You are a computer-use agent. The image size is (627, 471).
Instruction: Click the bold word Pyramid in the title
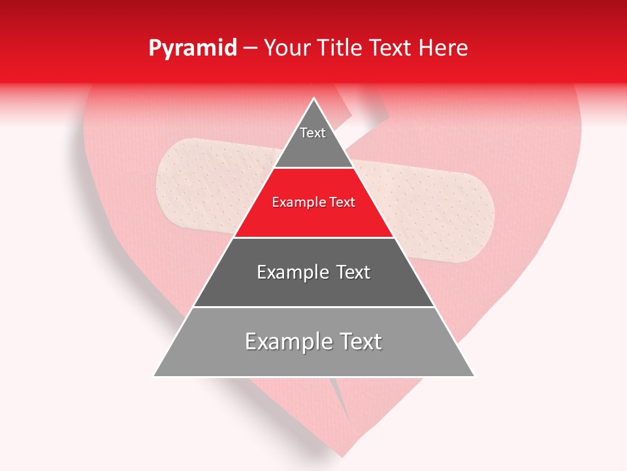pyautogui.click(x=193, y=48)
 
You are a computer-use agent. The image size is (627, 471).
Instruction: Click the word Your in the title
pyautogui.click(x=286, y=48)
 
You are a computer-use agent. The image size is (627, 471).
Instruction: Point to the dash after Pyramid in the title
pyautogui.click(x=250, y=48)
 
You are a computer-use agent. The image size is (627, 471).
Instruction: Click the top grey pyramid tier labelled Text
pyautogui.click(x=313, y=141)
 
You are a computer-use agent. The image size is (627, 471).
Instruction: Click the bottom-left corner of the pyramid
pyautogui.click(x=155, y=375)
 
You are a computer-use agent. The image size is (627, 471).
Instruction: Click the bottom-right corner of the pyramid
pyautogui.click(x=474, y=375)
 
